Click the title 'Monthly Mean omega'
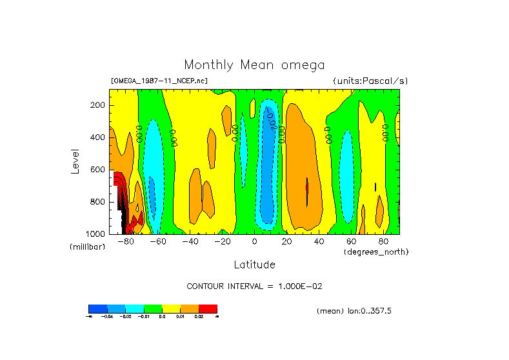coord(254,65)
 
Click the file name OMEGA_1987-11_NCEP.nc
coord(159,81)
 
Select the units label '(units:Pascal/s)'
coord(370,81)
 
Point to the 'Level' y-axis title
coord(75,161)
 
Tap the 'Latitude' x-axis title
coord(254,265)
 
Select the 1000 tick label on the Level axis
coord(96,234)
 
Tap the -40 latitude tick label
coord(190,241)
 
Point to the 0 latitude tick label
coord(254,241)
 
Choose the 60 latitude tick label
coord(351,241)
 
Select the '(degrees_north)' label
coord(376,251)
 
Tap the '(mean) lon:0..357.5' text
coord(354,311)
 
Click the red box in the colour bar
coord(208,308)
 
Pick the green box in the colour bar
coord(153,308)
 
